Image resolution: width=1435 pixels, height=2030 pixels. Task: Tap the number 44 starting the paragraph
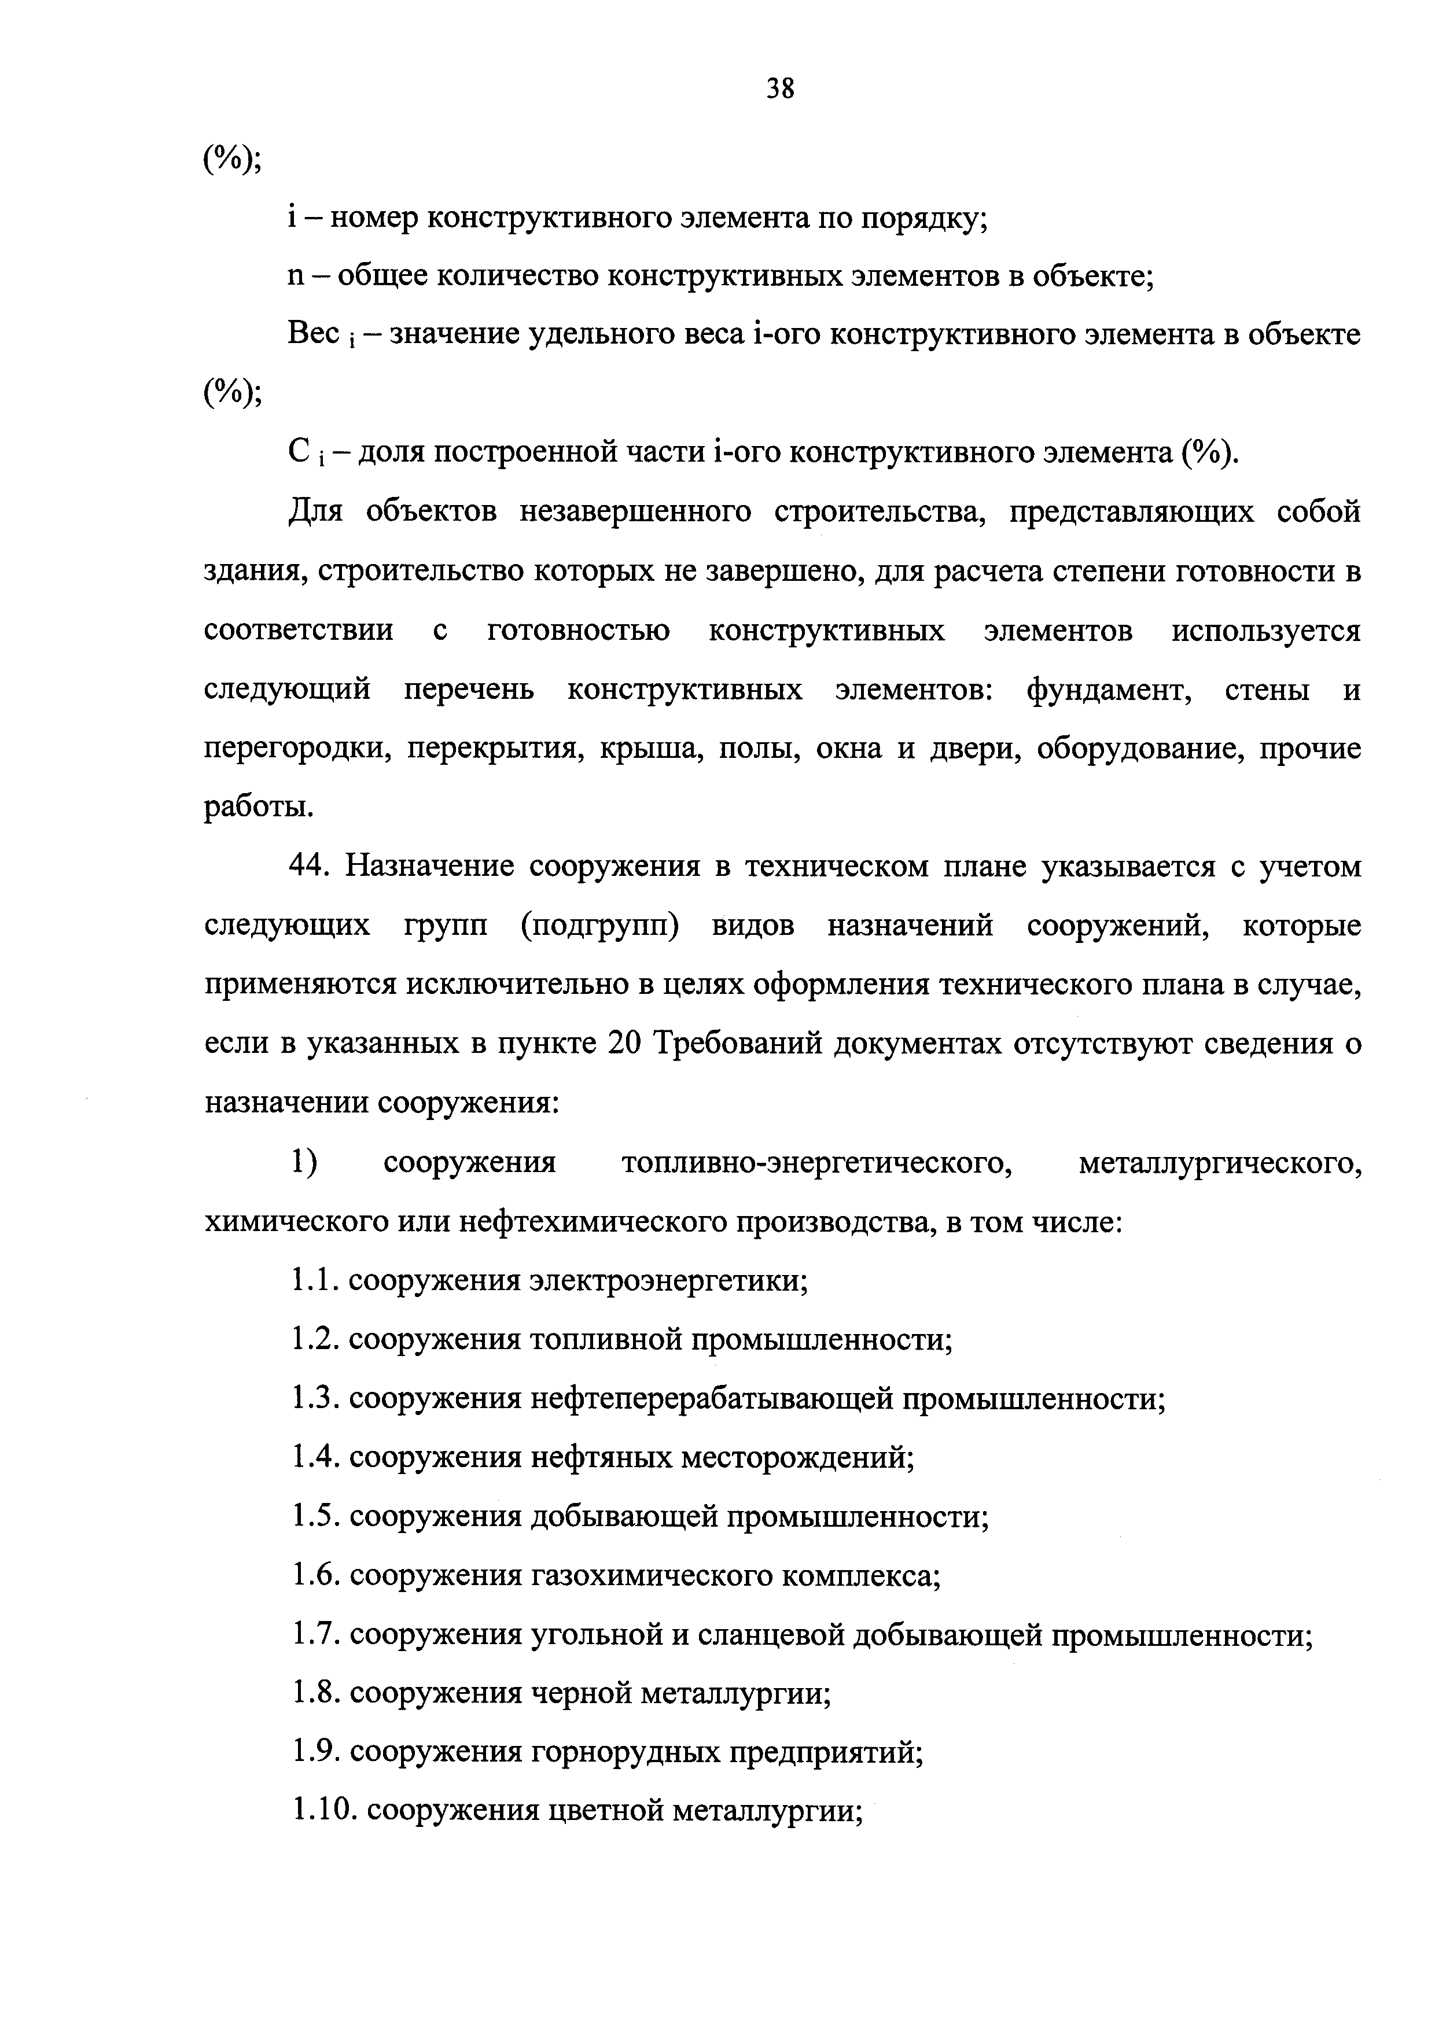click(310, 867)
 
